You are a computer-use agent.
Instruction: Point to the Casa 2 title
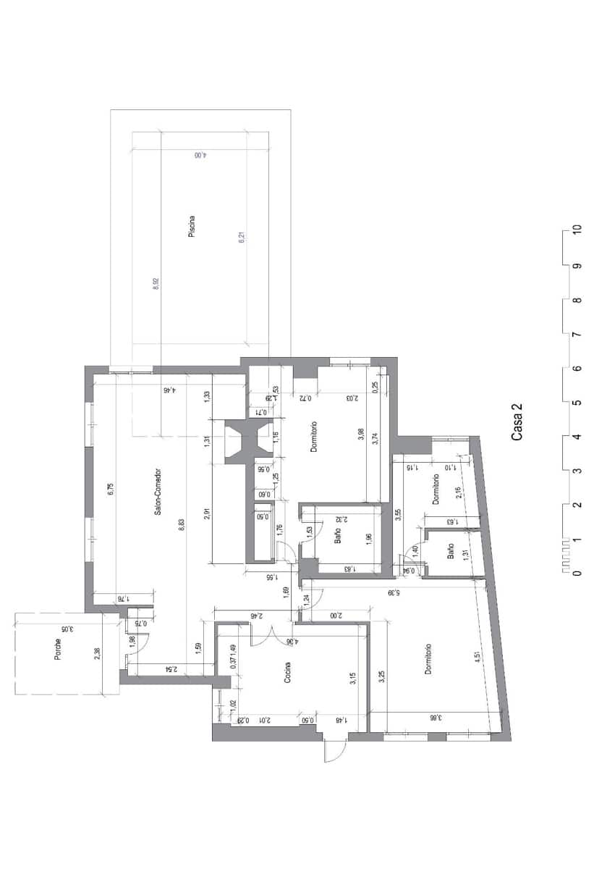[518, 422]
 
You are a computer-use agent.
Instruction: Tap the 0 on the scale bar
[577, 574]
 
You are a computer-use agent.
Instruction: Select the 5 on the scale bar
[577, 403]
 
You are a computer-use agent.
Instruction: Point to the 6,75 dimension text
[111, 490]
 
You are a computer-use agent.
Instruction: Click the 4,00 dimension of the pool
[200, 155]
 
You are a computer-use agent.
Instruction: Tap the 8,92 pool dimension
[155, 284]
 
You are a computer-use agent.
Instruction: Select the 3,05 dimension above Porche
[64, 629]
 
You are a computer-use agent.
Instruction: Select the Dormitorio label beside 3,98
[314, 437]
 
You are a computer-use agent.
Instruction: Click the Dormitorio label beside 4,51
[428, 659]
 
